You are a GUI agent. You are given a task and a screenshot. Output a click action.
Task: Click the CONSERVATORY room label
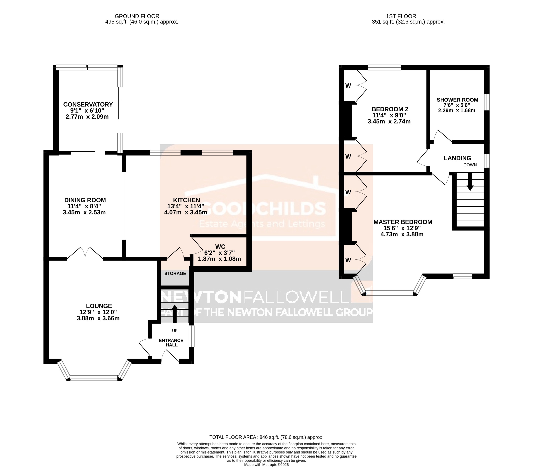pyautogui.click(x=88, y=105)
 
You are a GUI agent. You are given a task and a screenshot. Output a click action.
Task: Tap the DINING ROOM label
pyautogui.click(x=85, y=200)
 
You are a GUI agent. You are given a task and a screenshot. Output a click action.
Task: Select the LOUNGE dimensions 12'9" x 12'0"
pyautogui.click(x=98, y=312)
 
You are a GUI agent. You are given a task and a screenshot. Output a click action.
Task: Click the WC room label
pyautogui.click(x=220, y=246)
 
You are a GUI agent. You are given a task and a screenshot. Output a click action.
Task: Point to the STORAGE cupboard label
pyautogui.click(x=175, y=273)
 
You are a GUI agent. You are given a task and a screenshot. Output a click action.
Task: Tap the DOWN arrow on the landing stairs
pyautogui.click(x=470, y=182)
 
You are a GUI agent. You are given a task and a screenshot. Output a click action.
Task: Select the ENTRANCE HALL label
pyautogui.click(x=171, y=343)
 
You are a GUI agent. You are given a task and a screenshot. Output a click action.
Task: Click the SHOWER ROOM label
pyautogui.click(x=457, y=100)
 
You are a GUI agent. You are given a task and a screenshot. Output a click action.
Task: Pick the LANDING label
pyautogui.click(x=457, y=158)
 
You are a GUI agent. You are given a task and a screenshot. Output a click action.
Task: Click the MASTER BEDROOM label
pyautogui.click(x=403, y=222)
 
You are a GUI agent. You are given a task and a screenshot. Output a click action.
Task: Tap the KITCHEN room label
pyautogui.click(x=186, y=200)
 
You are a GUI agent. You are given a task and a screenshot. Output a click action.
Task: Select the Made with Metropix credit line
pyautogui.click(x=266, y=464)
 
